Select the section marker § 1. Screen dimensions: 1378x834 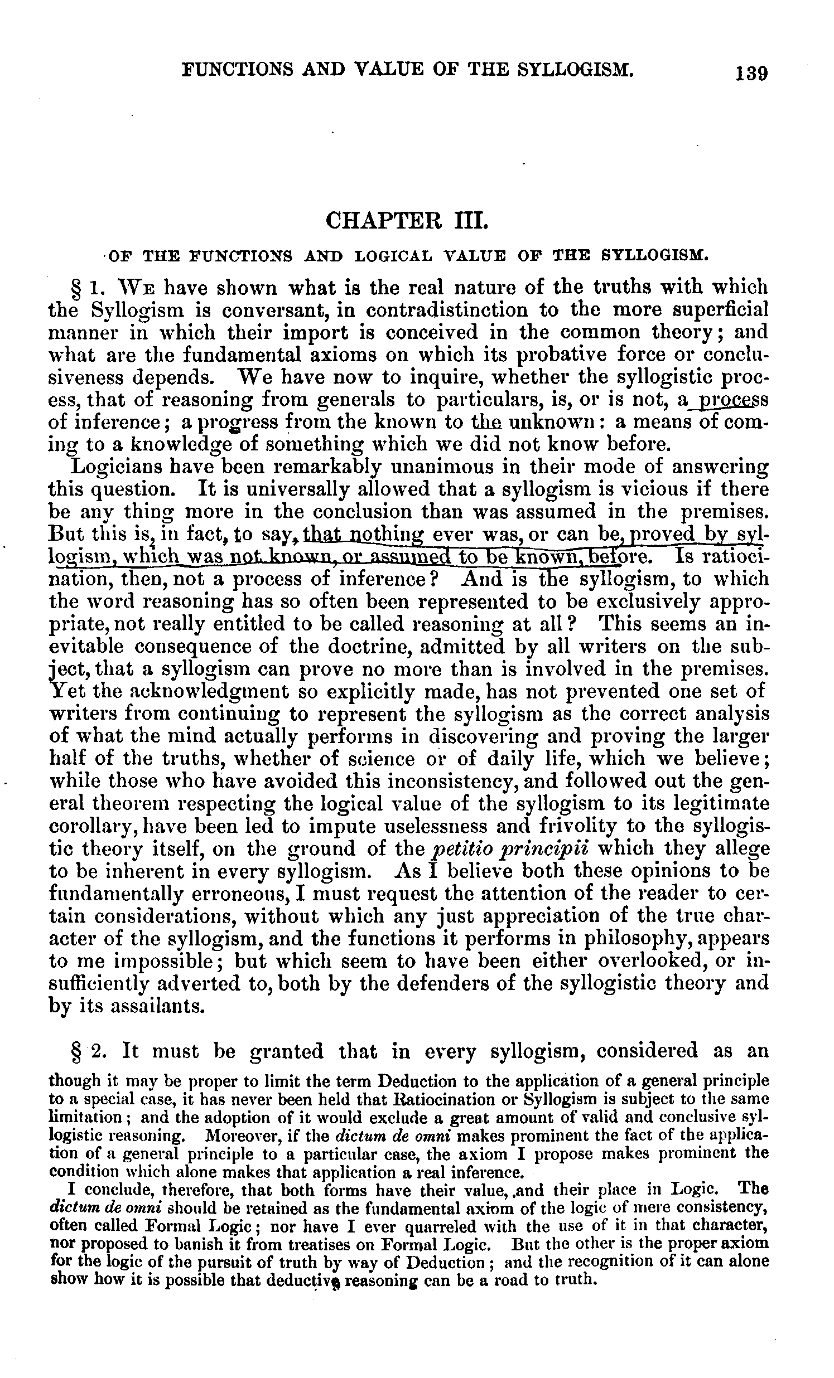coord(85,288)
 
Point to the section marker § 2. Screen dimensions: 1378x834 coord(86,1051)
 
